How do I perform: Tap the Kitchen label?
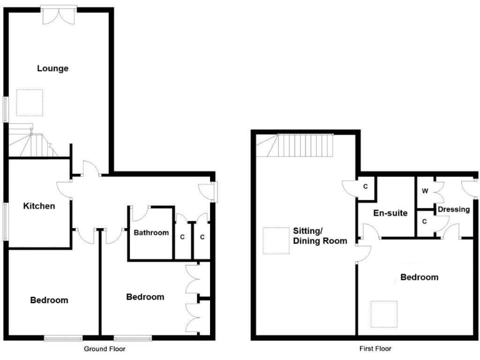pyautogui.click(x=39, y=206)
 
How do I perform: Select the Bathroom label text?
pyautogui.click(x=151, y=232)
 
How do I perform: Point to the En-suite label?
pyautogui.click(x=390, y=213)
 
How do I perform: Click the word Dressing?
pyautogui.click(x=453, y=209)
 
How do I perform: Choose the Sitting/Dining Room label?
pyautogui.click(x=319, y=235)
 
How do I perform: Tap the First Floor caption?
pyautogui.click(x=376, y=349)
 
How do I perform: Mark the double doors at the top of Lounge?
pyautogui.click(x=60, y=16)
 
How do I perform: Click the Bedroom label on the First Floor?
pyautogui.click(x=418, y=277)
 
